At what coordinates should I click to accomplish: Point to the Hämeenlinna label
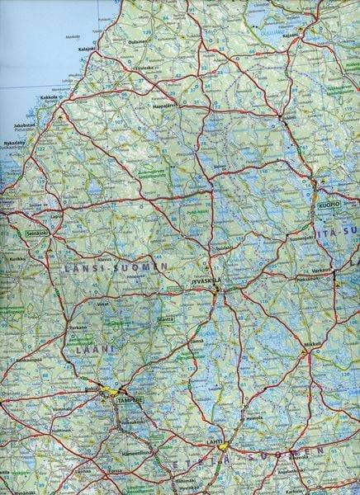pyautogui.click(x=137, y=453)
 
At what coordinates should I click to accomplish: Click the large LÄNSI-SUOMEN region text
pyautogui.click(x=116, y=267)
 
